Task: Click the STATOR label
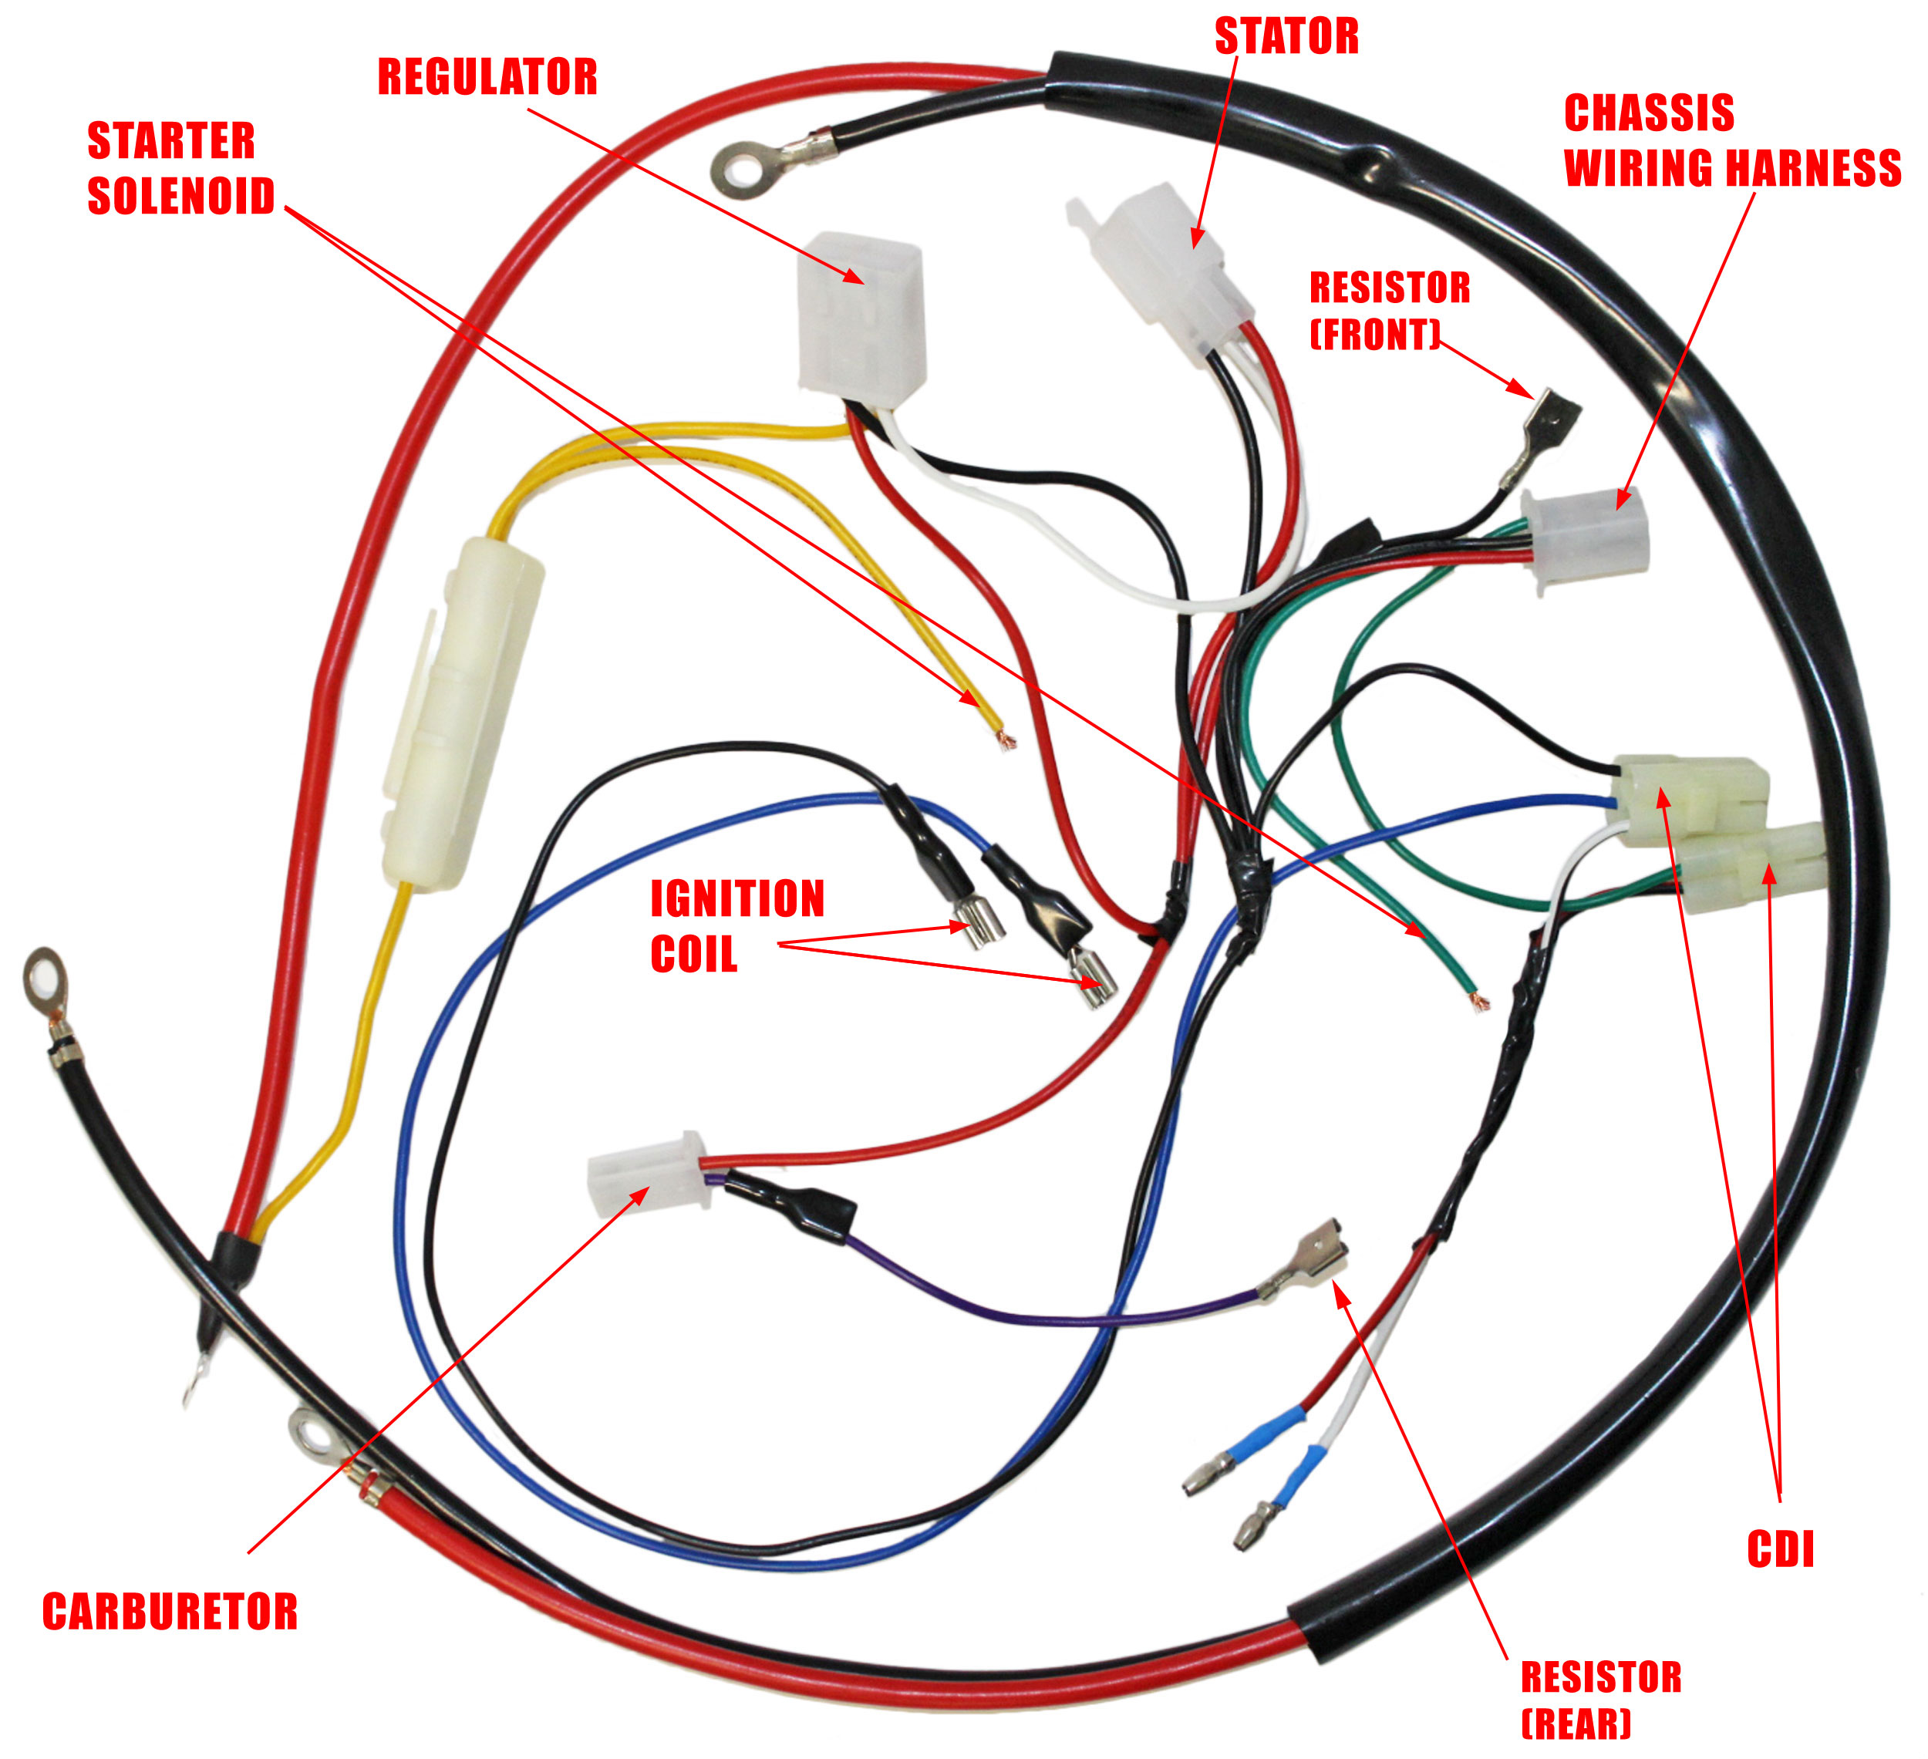coord(1286,37)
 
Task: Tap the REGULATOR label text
coord(487,77)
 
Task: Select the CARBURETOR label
coord(170,1612)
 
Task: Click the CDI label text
coord(1780,1549)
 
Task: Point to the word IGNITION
coord(737,899)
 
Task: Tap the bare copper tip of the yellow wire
coord(1004,740)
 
